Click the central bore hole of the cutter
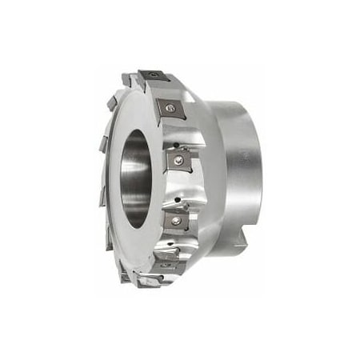(x=137, y=177)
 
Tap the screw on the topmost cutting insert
(x=154, y=75)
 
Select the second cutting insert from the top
(x=170, y=108)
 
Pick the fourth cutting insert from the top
(x=176, y=219)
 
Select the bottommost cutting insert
(x=150, y=280)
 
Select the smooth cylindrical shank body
(x=240, y=160)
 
